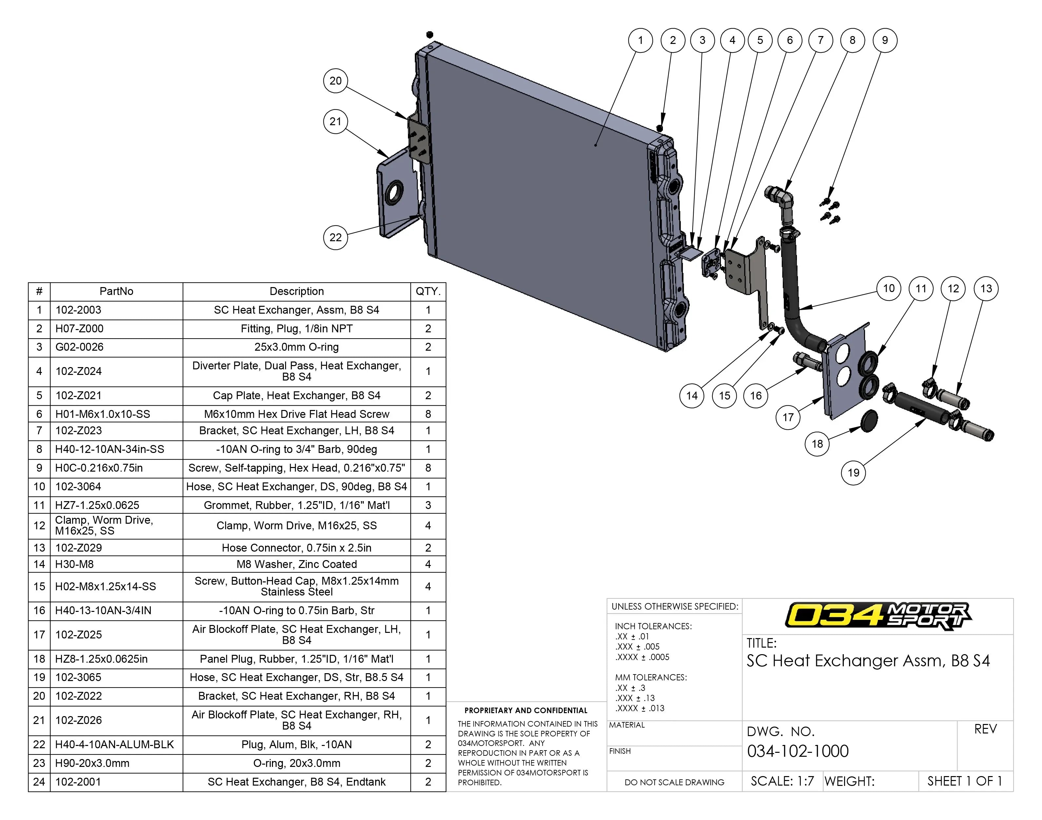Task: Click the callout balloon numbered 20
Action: click(336, 81)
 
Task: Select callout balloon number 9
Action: click(885, 40)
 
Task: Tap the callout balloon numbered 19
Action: click(853, 473)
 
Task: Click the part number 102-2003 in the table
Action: click(78, 310)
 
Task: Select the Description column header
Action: click(296, 291)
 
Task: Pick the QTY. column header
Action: click(428, 291)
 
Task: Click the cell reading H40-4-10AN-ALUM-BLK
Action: click(114, 745)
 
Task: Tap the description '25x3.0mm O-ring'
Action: click(296, 347)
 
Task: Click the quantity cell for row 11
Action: click(428, 505)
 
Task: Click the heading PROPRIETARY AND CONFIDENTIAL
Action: click(526, 711)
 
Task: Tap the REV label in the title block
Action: click(985, 729)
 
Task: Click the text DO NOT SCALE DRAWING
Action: click(674, 782)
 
